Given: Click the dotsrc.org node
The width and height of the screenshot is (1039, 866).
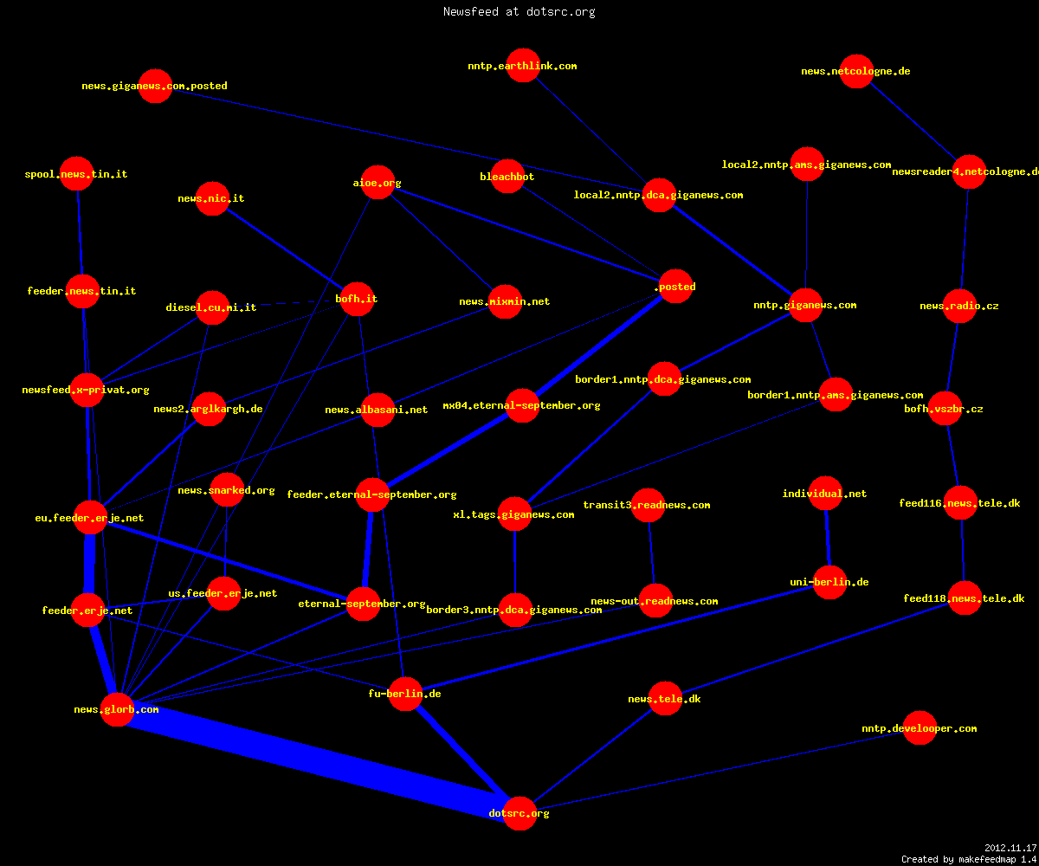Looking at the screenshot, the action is [x=519, y=813].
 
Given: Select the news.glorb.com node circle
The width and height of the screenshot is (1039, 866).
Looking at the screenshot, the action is [x=117, y=709].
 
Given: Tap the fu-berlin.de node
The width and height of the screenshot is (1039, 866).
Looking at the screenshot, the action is [x=405, y=694].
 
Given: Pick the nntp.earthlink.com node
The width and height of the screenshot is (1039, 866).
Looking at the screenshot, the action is [x=523, y=65].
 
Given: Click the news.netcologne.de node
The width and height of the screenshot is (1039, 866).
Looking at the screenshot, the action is [x=856, y=71].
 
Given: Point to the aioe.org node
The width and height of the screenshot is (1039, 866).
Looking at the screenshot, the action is [x=378, y=182].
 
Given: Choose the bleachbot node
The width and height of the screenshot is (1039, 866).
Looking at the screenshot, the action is [x=507, y=176].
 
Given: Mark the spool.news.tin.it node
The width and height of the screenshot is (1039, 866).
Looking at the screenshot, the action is [x=77, y=174].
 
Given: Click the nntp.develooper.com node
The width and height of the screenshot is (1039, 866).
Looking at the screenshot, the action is [x=920, y=727].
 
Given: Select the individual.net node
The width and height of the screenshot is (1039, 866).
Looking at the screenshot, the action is [x=825, y=494].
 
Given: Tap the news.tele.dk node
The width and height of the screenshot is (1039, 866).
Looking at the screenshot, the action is [x=665, y=698].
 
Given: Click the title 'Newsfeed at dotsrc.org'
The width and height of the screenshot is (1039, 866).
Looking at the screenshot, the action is [x=519, y=11].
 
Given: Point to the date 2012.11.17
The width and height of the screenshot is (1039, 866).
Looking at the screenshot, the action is [x=1010, y=848].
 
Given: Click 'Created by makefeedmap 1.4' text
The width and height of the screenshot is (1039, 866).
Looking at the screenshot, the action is [x=970, y=860].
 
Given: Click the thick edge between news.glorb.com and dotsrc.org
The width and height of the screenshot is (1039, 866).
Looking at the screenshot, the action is [x=319, y=761].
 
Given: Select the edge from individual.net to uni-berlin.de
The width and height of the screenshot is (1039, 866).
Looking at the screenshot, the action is [x=828, y=538].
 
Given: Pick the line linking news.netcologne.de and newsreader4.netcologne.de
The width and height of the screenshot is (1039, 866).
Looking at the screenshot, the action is [x=913, y=121].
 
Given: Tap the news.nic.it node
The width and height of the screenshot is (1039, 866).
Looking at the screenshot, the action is [x=212, y=198].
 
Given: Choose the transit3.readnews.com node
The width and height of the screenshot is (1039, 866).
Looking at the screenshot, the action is [x=648, y=505].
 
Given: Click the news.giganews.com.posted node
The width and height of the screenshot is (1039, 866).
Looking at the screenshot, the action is [x=155, y=86].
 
